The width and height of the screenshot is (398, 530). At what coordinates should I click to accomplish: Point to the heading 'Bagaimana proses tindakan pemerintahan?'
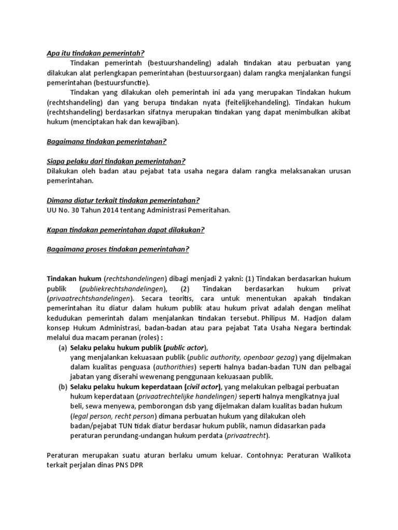[118, 249]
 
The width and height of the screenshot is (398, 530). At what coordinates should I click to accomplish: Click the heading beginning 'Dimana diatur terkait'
[123, 200]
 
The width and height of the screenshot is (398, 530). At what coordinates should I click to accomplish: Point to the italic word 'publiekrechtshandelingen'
[123, 288]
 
